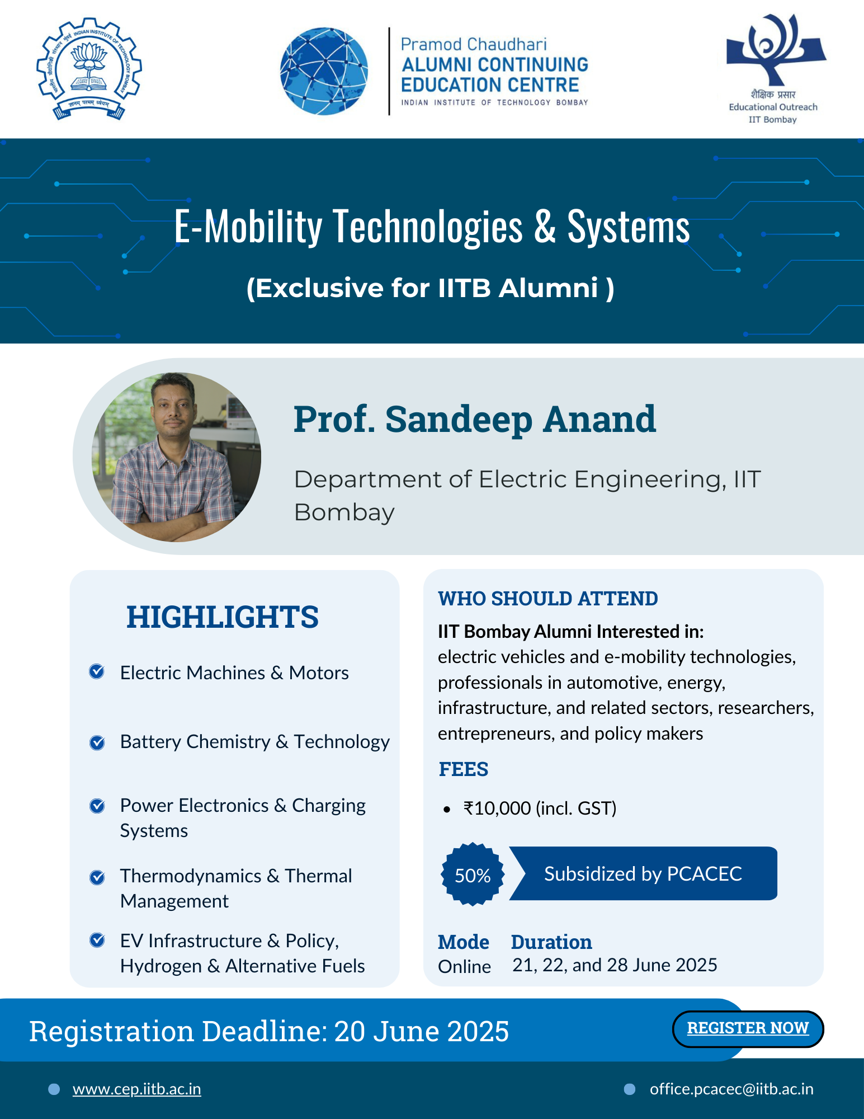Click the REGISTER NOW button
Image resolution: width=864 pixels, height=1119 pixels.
pyautogui.click(x=748, y=1028)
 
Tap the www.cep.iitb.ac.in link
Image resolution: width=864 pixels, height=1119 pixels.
pyautogui.click(x=137, y=1089)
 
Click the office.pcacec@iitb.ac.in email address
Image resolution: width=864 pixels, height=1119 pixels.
pyautogui.click(x=731, y=1089)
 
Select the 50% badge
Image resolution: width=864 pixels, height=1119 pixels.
pyautogui.click(x=473, y=874)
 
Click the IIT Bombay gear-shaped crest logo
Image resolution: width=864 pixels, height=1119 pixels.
pyautogui.click(x=89, y=69)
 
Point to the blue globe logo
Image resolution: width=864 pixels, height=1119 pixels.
pyautogui.click(x=324, y=71)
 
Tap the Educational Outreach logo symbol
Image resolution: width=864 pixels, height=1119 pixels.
pyautogui.click(x=776, y=50)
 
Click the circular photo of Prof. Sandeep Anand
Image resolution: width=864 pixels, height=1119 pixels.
pyautogui.click(x=176, y=457)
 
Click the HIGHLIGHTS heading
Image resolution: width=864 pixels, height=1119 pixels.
pyautogui.click(x=223, y=617)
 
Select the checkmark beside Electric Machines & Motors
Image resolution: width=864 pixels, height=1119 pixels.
pyautogui.click(x=97, y=671)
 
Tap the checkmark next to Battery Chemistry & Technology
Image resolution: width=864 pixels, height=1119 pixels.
pyautogui.click(x=97, y=742)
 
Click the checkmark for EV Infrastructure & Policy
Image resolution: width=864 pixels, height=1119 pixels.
pyautogui.click(x=97, y=940)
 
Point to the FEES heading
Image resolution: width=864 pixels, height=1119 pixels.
pyautogui.click(x=464, y=769)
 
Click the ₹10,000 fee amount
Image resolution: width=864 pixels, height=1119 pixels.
pyautogui.click(x=497, y=808)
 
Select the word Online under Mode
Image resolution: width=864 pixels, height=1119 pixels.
pyautogui.click(x=465, y=967)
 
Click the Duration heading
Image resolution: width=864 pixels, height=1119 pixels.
pyautogui.click(x=551, y=942)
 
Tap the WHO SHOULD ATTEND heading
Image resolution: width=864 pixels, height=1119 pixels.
pyautogui.click(x=548, y=599)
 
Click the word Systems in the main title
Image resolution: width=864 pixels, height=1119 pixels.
pyautogui.click(x=629, y=227)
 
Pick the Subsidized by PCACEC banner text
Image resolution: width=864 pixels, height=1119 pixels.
pyautogui.click(x=643, y=874)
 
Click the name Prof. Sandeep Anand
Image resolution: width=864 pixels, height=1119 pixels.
pyautogui.click(x=475, y=419)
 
